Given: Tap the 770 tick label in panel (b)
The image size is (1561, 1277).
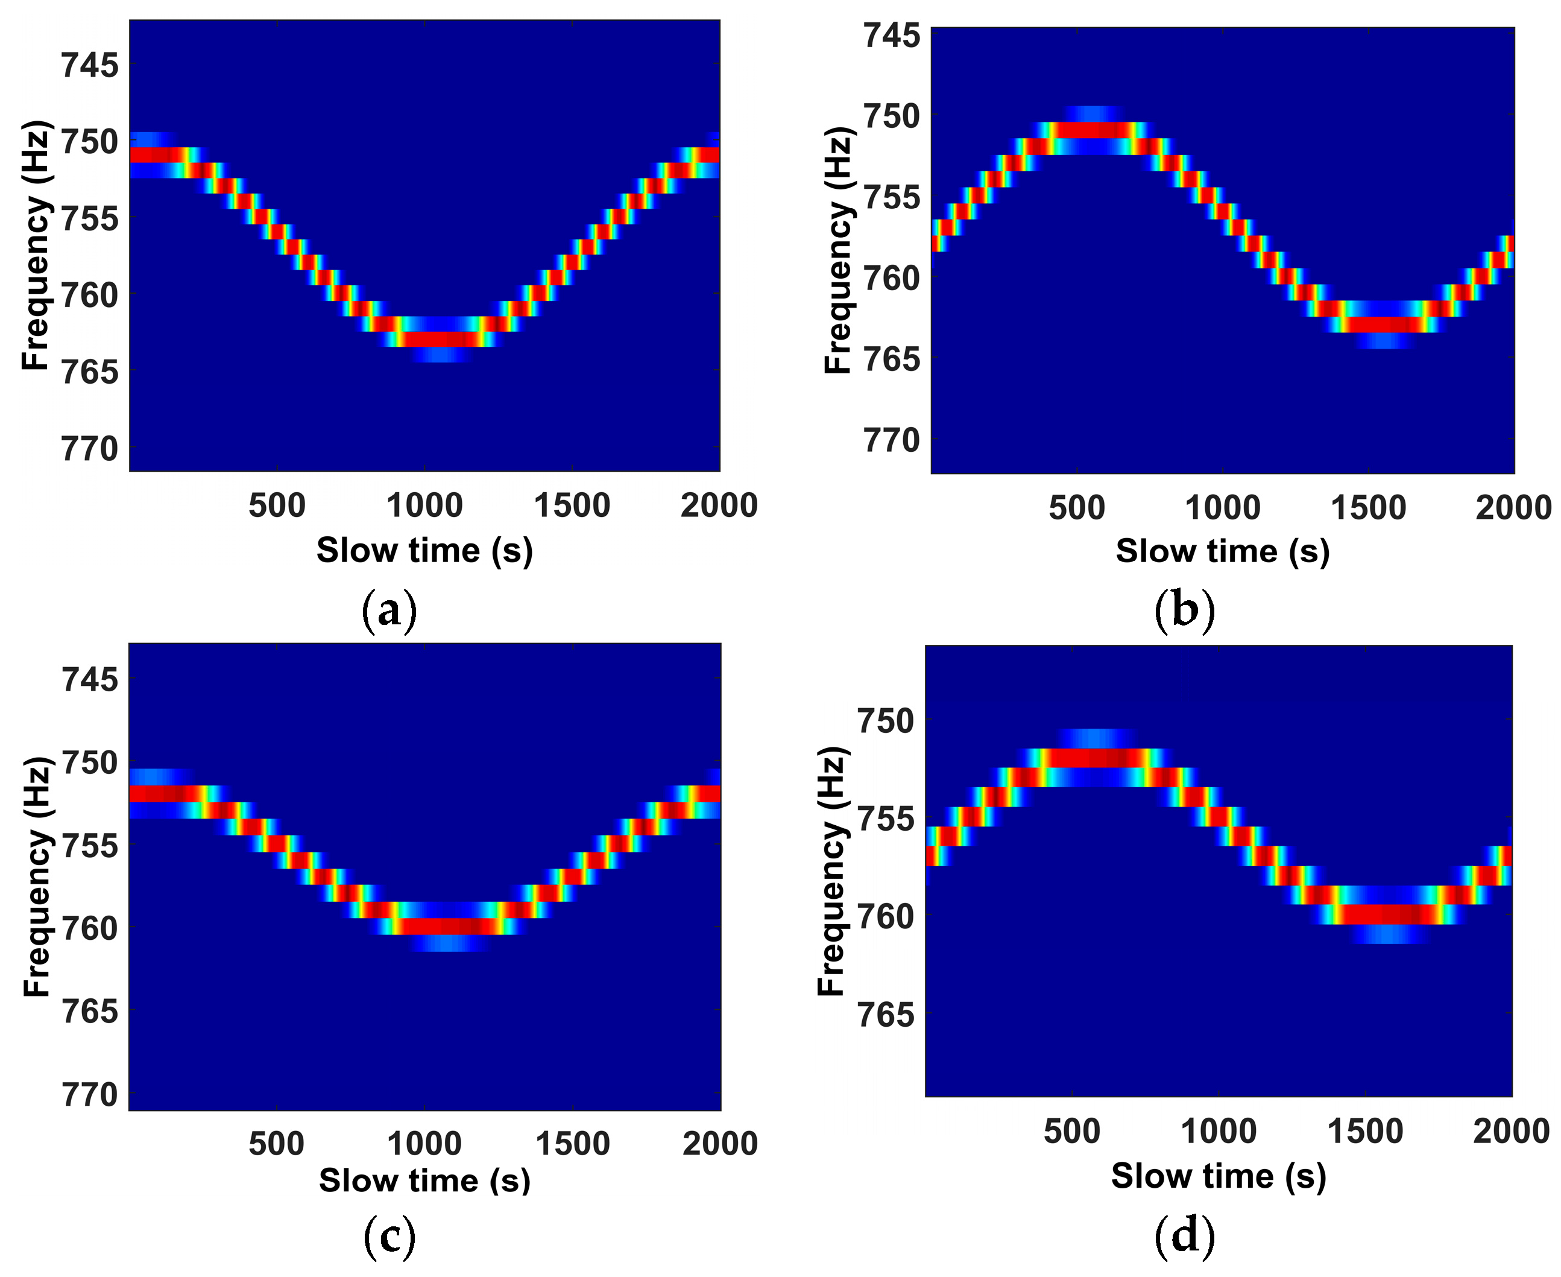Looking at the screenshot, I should (891, 440).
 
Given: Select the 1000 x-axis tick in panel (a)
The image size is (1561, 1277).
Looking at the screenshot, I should (424, 506).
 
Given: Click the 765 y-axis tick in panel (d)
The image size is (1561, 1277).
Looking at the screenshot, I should (885, 1015).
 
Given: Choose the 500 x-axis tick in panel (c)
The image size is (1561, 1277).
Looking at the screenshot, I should (277, 1144).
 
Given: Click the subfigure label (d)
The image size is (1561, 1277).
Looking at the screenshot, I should (1184, 1237).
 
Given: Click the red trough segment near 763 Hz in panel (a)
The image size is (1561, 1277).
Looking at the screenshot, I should (440, 339).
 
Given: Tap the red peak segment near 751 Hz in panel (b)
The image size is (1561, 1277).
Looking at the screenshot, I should (1096, 130).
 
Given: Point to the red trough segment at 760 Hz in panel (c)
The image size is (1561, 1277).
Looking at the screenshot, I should (445, 926).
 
